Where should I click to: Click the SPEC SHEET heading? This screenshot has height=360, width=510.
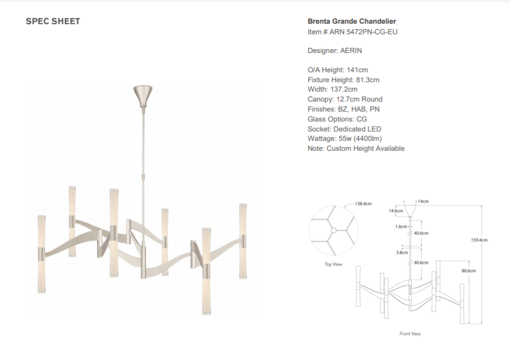point(53,21)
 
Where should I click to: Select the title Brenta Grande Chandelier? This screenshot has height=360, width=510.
point(352,21)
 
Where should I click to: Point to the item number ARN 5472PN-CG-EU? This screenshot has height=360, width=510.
point(363,32)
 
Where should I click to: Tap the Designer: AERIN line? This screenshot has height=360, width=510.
point(334,50)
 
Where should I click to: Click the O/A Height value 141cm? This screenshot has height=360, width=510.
point(357,70)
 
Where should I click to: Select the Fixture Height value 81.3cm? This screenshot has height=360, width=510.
point(367,80)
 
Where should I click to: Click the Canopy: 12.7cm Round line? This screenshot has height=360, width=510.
point(345,99)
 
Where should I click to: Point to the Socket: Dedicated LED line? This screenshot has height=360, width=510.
point(344,129)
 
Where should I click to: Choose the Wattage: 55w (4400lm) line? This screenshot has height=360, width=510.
point(345,138)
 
